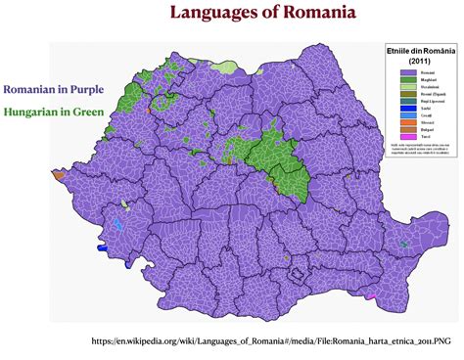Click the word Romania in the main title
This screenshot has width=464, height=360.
tap(321, 14)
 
